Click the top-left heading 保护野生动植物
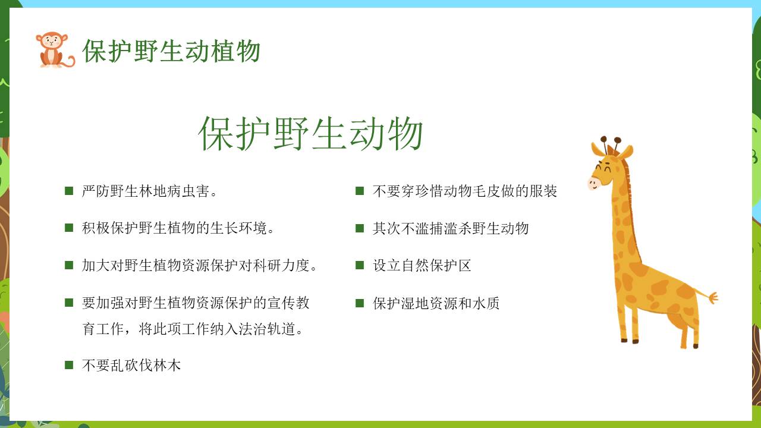(171, 51)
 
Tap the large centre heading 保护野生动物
(310, 133)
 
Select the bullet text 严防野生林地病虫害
(149, 191)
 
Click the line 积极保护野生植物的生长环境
(178, 228)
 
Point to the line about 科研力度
(199, 265)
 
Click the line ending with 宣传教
(196, 303)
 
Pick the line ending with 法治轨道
(192, 329)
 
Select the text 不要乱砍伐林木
(131, 365)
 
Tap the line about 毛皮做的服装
(465, 191)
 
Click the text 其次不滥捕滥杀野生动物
(451, 228)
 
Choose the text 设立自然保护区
(422, 265)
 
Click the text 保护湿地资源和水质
(436, 303)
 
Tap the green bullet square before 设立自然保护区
(360, 265)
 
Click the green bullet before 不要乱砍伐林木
(69, 365)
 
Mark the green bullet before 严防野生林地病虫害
(69, 191)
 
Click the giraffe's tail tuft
(712, 298)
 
